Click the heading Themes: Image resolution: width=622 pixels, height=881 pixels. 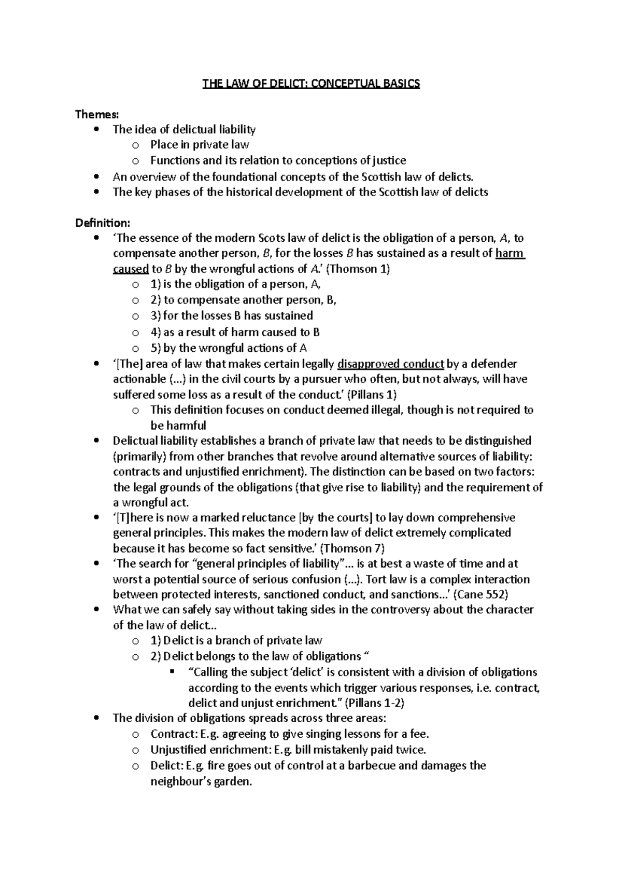[97, 114]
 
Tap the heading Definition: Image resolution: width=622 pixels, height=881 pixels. [103, 223]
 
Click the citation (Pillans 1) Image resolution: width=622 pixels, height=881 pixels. [372, 394]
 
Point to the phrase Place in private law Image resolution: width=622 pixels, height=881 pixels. [200, 145]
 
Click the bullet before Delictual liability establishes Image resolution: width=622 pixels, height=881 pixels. [96, 442]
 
